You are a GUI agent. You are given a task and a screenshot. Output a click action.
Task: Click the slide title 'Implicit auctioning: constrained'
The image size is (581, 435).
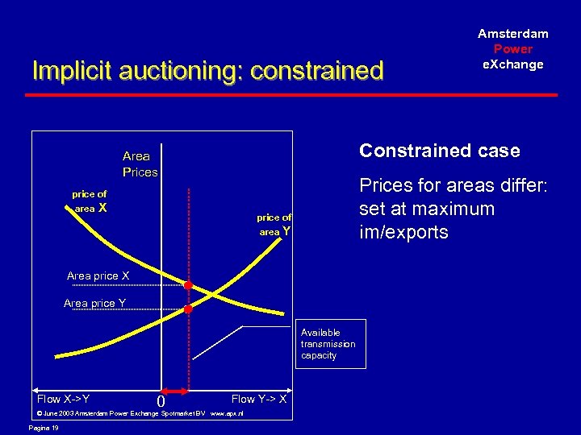[x=207, y=71]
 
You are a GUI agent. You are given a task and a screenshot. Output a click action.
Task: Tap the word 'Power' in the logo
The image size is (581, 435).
[x=513, y=49]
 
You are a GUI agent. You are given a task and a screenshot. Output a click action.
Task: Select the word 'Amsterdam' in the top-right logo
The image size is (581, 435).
[x=513, y=34]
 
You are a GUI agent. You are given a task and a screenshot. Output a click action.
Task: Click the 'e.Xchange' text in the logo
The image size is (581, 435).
[x=513, y=64]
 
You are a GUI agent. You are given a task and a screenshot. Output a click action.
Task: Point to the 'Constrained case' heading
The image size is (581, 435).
[x=440, y=151]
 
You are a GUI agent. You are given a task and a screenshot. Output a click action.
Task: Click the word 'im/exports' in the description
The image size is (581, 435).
[x=403, y=233]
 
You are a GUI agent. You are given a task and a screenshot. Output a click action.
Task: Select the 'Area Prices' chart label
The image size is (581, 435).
[x=140, y=164]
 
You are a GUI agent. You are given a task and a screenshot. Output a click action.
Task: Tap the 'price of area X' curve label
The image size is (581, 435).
[x=90, y=201]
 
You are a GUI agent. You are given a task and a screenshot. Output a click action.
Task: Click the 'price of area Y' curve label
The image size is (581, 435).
[x=274, y=225]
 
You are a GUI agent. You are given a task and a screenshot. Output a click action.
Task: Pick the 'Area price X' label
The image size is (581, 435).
[x=98, y=276]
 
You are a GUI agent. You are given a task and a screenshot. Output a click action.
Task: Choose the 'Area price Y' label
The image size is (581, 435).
[x=94, y=304]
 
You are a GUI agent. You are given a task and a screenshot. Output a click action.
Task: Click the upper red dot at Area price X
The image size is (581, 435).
[x=188, y=285]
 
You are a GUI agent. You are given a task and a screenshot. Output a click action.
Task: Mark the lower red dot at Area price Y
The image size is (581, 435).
[x=188, y=309]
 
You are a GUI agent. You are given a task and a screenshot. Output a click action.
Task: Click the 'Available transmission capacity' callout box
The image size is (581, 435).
[x=328, y=344]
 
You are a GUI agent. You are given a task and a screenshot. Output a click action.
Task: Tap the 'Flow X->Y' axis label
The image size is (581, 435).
[x=63, y=399]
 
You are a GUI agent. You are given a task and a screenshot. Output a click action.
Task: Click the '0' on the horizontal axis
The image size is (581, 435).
[x=161, y=401]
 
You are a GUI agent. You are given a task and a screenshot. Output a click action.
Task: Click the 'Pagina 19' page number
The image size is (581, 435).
[x=44, y=428]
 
